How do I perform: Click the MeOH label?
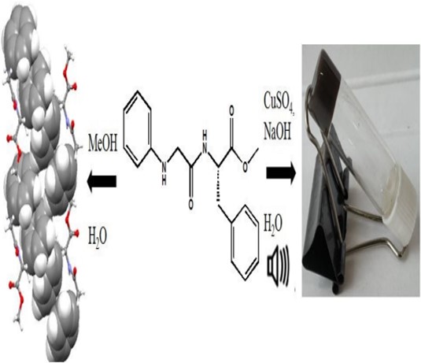pos(103,145)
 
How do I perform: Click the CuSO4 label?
pos(279,102)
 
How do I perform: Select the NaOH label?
pos(277,133)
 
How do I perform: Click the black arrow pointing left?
pos(102,181)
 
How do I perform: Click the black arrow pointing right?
pos(281,172)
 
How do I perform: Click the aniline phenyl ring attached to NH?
pos(138,129)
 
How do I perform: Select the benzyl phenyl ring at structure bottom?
pos(245,243)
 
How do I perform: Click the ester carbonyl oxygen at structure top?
pos(231,111)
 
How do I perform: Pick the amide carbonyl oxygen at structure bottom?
pos(191,204)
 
